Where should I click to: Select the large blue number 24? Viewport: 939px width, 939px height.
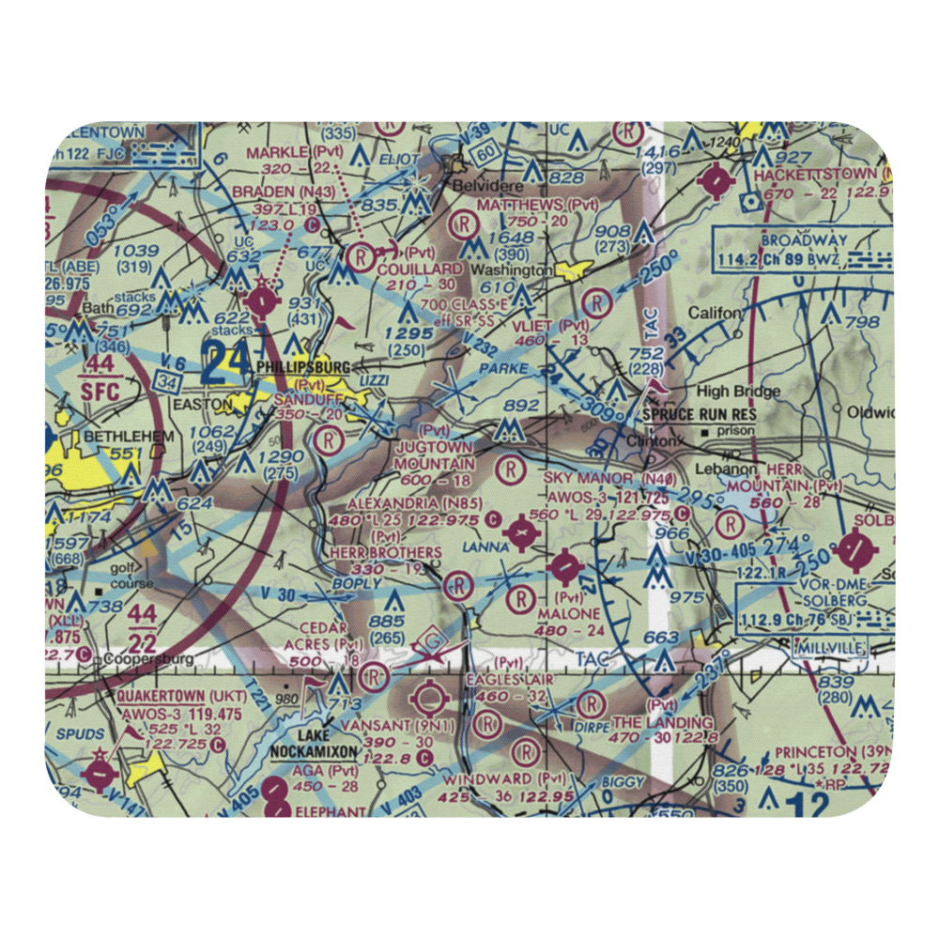pyautogui.click(x=226, y=362)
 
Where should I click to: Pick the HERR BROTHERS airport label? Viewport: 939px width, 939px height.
pyautogui.click(x=386, y=553)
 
